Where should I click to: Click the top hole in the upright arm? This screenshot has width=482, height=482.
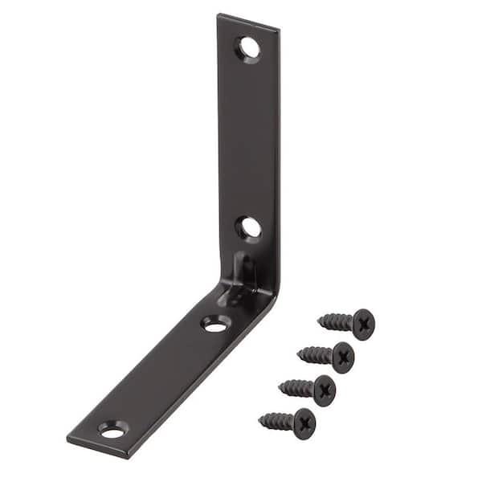pyautogui.click(x=249, y=48)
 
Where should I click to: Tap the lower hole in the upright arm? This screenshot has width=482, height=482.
pyautogui.click(x=249, y=228)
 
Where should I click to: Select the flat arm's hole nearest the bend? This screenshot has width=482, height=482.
pyautogui.click(x=215, y=325)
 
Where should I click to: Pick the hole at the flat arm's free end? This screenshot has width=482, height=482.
pyautogui.click(x=113, y=430)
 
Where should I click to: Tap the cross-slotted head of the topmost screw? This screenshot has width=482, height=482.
pyautogui.click(x=363, y=324)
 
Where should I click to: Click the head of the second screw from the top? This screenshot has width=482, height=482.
pyautogui.click(x=343, y=357)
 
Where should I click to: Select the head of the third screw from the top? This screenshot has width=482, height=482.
pyautogui.click(x=324, y=390)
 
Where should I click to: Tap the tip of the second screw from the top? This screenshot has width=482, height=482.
pyautogui.click(x=299, y=350)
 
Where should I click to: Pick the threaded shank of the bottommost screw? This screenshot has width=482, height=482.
pyautogui.click(x=277, y=420)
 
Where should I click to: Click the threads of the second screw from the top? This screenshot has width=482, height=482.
pyautogui.click(x=316, y=353)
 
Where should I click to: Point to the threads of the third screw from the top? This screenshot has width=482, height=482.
pyautogui.click(x=296, y=387)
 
